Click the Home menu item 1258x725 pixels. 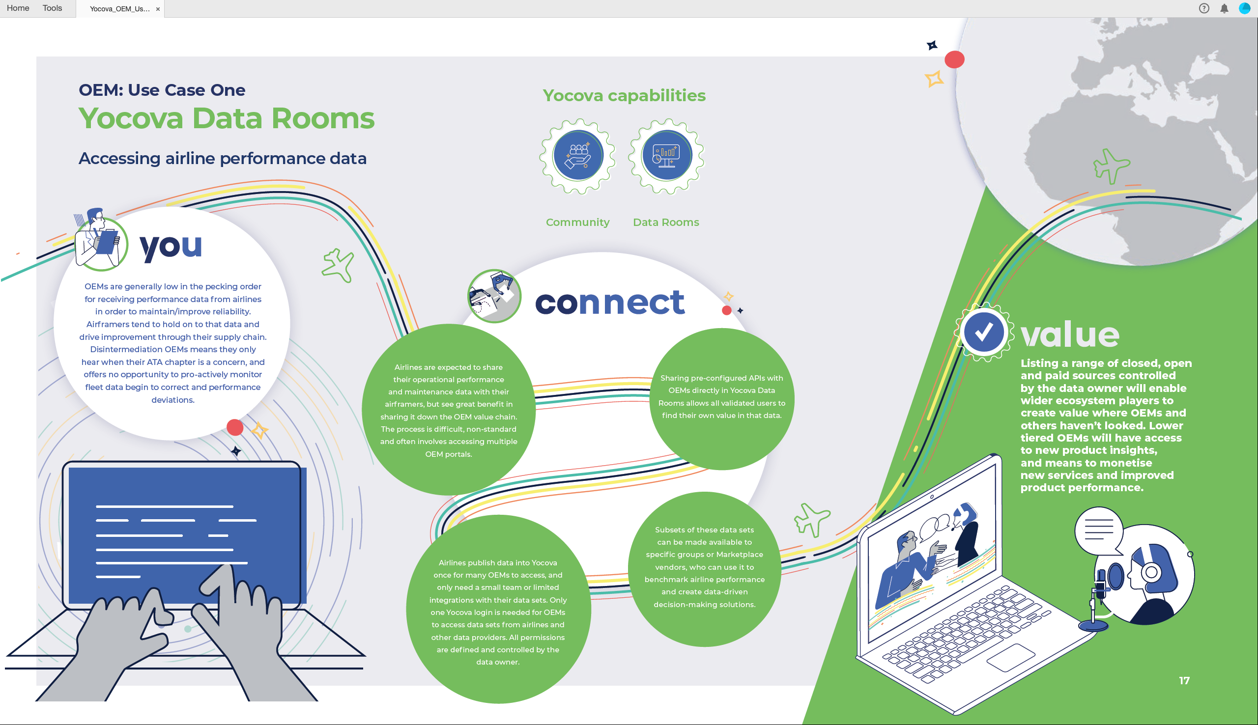pyautogui.click(x=18, y=8)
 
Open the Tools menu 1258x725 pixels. pyautogui.click(x=52, y=8)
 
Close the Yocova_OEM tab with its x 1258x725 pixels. pyautogui.click(x=158, y=9)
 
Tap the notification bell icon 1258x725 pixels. pyautogui.click(x=1224, y=8)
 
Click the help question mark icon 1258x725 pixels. pyautogui.click(x=1204, y=8)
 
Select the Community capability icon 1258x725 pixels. pyautogui.click(x=578, y=156)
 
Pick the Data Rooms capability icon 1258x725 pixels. pyautogui.click(x=666, y=156)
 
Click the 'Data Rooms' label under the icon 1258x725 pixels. pyautogui.click(x=666, y=222)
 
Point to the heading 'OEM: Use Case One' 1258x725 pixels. pyautogui.click(x=162, y=89)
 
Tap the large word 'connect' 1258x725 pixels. pyautogui.click(x=610, y=302)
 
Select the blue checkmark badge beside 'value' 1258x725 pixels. pyautogui.click(x=984, y=332)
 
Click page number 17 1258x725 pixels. pyautogui.click(x=1184, y=680)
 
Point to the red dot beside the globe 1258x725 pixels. pyautogui.click(x=954, y=60)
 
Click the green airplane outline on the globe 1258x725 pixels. pyautogui.click(x=1111, y=166)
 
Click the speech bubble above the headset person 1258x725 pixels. pyautogui.click(x=1099, y=531)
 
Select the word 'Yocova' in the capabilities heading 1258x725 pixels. pyautogui.click(x=572, y=95)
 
